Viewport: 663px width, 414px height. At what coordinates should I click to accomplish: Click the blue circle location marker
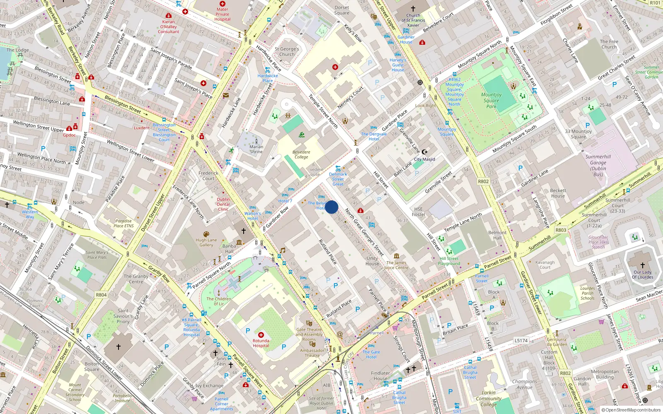pyautogui.click(x=331, y=207)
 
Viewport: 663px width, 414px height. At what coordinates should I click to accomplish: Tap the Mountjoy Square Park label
pyautogui.click(x=491, y=101)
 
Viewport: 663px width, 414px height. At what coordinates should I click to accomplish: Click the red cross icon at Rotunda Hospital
pyautogui.click(x=261, y=335)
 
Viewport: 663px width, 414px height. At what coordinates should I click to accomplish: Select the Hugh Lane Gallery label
pyautogui.click(x=206, y=242)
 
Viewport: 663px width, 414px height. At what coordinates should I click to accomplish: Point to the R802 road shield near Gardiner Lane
pyautogui.click(x=483, y=181)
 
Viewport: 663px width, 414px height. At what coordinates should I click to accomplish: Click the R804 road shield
pyautogui.click(x=101, y=295)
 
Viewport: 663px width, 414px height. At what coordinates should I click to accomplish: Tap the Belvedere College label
pyautogui.click(x=301, y=154)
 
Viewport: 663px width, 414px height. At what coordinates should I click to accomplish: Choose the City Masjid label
pyautogui.click(x=424, y=159)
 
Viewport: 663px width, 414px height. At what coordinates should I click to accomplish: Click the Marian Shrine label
pyautogui.click(x=256, y=149)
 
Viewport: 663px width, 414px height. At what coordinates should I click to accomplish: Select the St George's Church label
pyautogui.click(x=287, y=51)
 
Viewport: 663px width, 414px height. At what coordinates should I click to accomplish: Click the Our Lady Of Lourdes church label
pyautogui.click(x=642, y=274)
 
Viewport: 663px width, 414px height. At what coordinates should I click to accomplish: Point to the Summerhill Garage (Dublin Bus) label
pyautogui.click(x=598, y=165)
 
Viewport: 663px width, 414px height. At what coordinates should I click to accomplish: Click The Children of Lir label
pyautogui.click(x=219, y=301)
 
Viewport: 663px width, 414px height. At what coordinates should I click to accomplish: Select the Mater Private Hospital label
pyautogui.click(x=222, y=14)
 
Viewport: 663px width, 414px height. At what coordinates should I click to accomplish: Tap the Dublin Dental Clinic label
pyautogui.click(x=223, y=204)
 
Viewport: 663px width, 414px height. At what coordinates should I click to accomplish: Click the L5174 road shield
pyautogui.click(x=521, y=340)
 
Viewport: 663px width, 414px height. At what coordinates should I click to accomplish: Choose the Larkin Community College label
pyautogui.click(x=489, y=398)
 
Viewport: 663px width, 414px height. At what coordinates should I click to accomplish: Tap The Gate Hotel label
pyautogui.click(x=371, y=354)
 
